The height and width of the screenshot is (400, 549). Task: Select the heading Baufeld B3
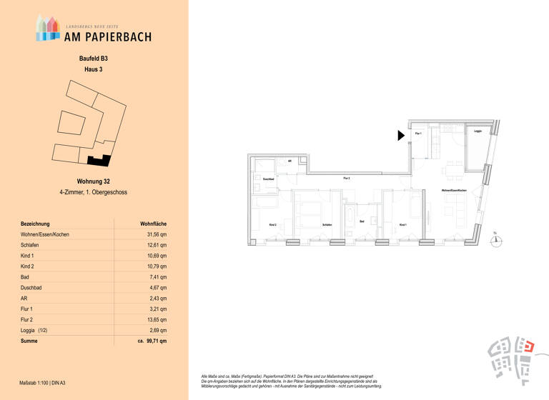click(x=94, y=59)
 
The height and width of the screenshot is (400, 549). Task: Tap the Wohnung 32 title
click(x=94, y=181)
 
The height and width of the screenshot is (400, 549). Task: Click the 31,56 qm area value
click(x=157, y=234)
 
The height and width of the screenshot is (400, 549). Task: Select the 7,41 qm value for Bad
click(x=159, y=277)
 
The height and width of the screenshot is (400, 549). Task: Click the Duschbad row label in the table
click(x=33, y=288)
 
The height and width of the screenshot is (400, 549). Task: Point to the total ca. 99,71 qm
click(x=152, y=342)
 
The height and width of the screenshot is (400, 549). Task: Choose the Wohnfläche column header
click(x=153, y=224)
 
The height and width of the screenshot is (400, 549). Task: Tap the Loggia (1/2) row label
click(x=38, y=331)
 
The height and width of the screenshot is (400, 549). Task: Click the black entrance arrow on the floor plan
click(x=402, y=135)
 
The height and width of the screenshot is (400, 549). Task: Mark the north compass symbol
click(x=495, y=241)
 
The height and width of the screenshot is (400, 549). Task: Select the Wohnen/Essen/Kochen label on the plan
click(x=455, y=190)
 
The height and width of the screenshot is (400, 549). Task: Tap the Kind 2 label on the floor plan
click(x=272, y=225)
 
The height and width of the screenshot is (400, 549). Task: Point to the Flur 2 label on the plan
click(x=347, y=177)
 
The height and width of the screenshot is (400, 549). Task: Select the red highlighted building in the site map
click(x=529, y=347)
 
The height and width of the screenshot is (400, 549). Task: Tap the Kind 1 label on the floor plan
click(x=402, y=225)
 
